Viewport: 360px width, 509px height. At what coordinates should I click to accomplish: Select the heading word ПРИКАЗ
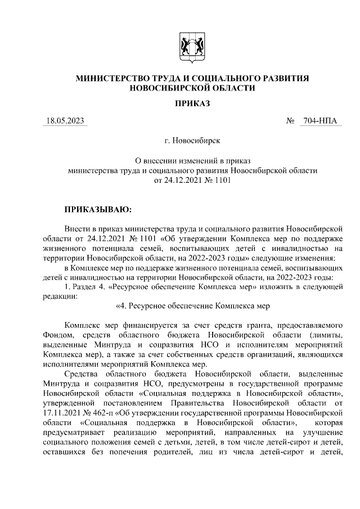(x=192, y=103)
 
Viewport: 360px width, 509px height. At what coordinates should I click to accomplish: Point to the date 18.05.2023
(x=65, y=121)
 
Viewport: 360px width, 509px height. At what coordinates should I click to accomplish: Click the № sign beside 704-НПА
(x=291, y=121)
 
